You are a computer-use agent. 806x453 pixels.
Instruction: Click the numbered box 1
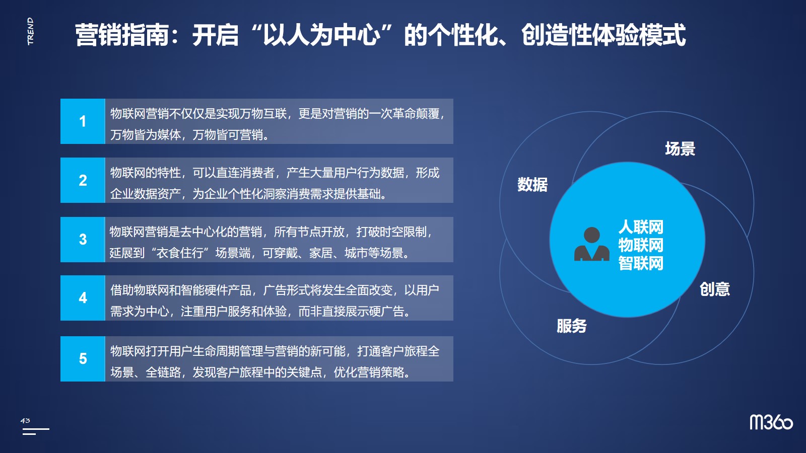(x=83, y=121)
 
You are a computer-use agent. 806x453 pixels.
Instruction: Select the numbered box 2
(x=83, y=180)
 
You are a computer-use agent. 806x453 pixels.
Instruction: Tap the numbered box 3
(x=83, y=239)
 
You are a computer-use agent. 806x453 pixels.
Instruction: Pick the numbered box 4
(x=83, y=297)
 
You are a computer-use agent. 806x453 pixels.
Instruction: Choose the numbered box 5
(x=83, y=358)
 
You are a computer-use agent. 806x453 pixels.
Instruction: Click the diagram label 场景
(x=680, y=148)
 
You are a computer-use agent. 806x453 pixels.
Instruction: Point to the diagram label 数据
(x=532, y=184)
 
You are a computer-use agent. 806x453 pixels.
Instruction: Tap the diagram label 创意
(x=715, y=289)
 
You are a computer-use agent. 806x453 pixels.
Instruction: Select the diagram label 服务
(x=572, y=326)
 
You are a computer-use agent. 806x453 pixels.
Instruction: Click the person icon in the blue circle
(x=591, y=244)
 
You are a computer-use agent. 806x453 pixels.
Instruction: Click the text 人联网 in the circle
(x=641, y=227)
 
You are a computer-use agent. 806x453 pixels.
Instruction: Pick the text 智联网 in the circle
(x=641, y=263)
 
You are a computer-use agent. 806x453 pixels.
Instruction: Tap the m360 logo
(x=771, y=422)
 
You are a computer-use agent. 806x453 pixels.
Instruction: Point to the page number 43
(x=25, y=420)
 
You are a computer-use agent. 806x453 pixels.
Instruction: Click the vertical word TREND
(x=30, y=31)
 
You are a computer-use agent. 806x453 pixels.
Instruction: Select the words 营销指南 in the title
(x=121, y=35)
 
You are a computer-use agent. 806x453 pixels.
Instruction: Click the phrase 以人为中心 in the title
(x=322, y=35)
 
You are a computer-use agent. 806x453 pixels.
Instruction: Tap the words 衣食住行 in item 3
(x=180, y=253)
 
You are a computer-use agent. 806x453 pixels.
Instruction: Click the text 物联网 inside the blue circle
(x=641, y=245)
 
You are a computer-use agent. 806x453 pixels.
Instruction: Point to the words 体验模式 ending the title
(x=639, y=35)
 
